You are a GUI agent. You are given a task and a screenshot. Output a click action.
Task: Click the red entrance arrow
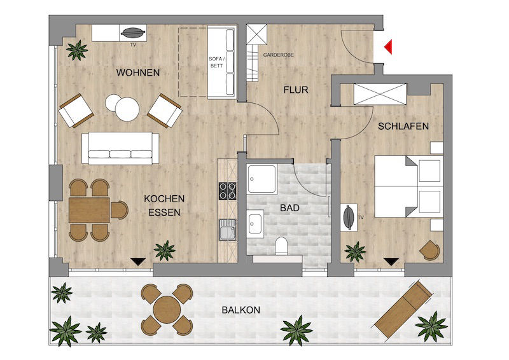[x=389, y=46]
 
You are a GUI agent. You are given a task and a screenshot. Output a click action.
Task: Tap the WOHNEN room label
[x=138, y=73]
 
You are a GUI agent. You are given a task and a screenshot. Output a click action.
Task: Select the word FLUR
[x=296, y=90]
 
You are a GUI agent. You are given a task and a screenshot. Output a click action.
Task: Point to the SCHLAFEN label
[x=403, y=127]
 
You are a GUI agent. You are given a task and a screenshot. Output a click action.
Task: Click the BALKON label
[x=241, y=310]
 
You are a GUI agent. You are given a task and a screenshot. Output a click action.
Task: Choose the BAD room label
[x=289, y=208]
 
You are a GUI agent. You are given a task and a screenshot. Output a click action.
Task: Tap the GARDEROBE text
[x=278, y=55]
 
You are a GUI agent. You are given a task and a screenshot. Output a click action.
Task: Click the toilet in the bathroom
[x=281, y=246]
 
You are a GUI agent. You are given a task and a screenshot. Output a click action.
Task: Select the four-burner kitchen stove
[x=227, y=191]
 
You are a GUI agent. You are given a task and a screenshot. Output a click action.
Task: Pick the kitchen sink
[x=227, y=230]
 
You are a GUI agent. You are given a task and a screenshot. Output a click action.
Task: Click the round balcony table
[x=167, y=310]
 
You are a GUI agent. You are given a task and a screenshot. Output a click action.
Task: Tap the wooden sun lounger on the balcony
[x=403, y=309]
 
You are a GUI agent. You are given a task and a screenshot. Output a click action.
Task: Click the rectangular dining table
[x=89, y=210]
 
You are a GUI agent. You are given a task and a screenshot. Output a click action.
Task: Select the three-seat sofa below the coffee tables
[x=120, y=148]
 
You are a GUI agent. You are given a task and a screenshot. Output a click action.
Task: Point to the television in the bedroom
[x=349, y=217]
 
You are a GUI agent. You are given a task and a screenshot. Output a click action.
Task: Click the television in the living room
[x=133, y=32]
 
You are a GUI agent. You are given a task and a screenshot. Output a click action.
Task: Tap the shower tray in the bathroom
[x=261, y=179]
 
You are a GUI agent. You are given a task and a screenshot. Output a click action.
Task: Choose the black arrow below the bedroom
[x=391, y=261]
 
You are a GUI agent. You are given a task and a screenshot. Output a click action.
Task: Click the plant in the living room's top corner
[x=77, y=50]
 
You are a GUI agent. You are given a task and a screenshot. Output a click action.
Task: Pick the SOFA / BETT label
[x=216, y=62]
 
